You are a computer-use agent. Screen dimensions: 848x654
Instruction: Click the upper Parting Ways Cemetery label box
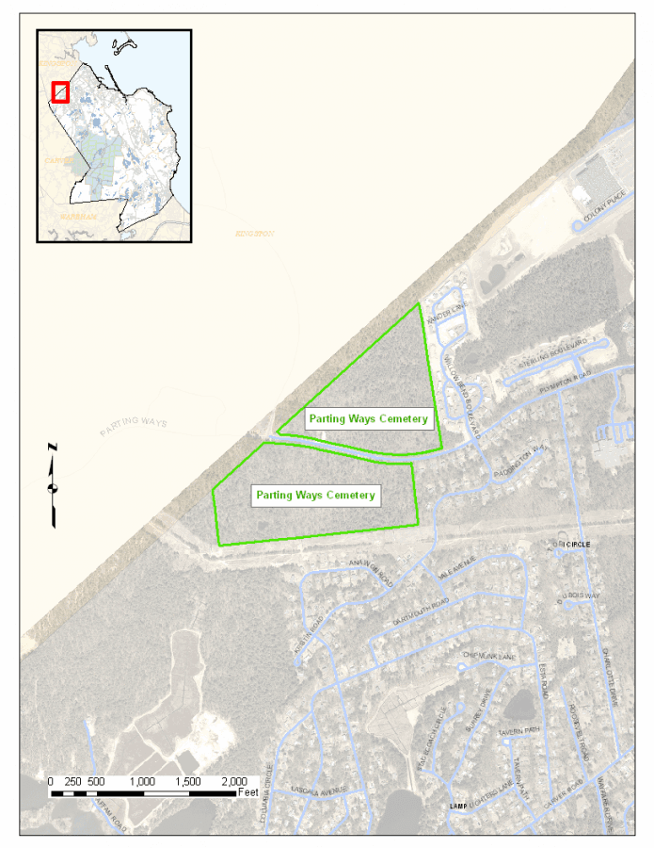click(x=368, y=418)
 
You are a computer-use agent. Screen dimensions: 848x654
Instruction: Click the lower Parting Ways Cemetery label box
click(x=315, y=495)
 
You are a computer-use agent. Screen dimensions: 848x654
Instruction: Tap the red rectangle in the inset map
click(x=60, y=91)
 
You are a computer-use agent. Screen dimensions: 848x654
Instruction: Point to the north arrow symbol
click(x=54, y=486)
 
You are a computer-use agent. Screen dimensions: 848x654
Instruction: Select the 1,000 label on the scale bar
click(x=143, y=781)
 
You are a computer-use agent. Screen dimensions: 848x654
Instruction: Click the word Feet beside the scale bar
click(x=248, y=793)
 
